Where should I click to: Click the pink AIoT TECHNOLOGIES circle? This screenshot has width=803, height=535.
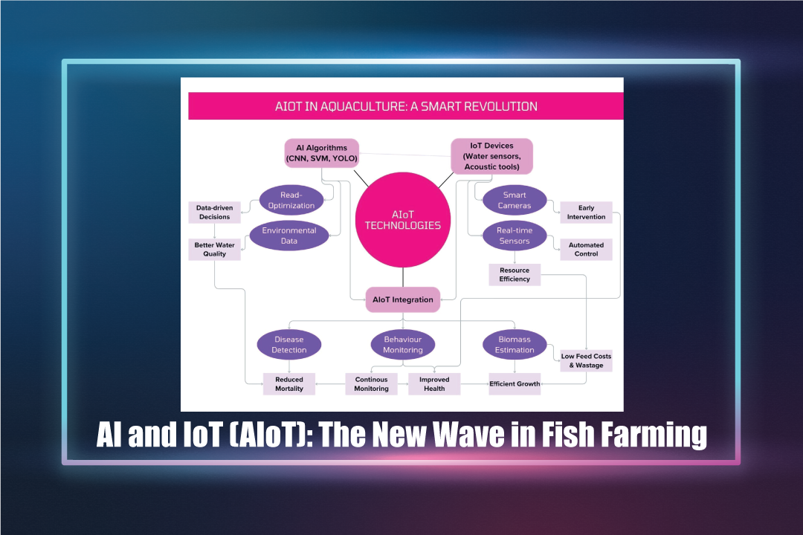(x=403, y=220)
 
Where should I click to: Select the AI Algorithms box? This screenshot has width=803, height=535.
(x=322, y=153)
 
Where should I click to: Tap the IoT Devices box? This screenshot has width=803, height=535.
(x=491, y=156)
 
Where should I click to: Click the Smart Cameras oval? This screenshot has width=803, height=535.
(x=515, y=200)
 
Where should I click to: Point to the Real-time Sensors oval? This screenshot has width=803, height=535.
(x=515, y=236)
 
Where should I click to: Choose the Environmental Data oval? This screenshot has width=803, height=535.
(x=288, y=236)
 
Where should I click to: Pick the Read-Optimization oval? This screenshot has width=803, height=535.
(x=291, y=200)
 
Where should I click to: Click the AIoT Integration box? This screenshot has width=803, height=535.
(x=403, y=299)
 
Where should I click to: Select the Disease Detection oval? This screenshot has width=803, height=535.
(x=288, y=345)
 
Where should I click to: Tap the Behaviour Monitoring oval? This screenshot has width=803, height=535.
(x=403, y=345)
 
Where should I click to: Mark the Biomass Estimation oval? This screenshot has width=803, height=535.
(x=515, y=345)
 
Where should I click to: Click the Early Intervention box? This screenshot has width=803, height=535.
(x=587, y=213)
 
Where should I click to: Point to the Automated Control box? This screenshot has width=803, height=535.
(x=587, y=250)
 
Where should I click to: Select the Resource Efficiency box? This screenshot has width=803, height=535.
(x=515, y=274)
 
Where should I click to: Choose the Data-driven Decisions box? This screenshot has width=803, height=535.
(x=215, y=213)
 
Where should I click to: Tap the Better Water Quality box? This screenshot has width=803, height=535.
(x=215, y=250)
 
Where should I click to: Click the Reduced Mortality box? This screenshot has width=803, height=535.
(x=288, y=384)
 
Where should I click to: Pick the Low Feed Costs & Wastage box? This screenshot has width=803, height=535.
(x=587, y=360)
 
